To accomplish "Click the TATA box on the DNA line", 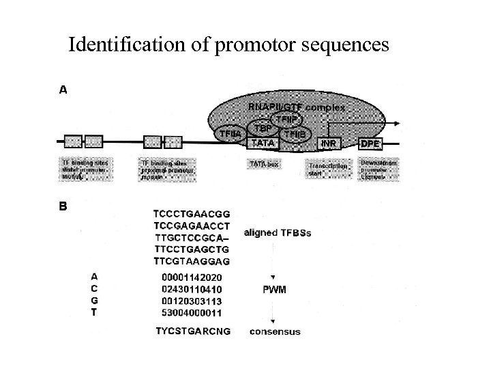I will (264, 143).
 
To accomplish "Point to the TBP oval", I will (264, 129).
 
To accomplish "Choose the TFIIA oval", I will (229, 134).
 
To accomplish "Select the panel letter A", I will (63, 89).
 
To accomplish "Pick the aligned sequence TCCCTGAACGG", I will (192, 213).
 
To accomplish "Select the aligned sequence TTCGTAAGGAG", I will (192, 261).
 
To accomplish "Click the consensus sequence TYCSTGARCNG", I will (192, 331).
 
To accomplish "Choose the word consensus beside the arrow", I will (274, 332).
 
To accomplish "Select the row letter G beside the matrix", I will (95, 300).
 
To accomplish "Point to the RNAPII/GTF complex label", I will (297, 107).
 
